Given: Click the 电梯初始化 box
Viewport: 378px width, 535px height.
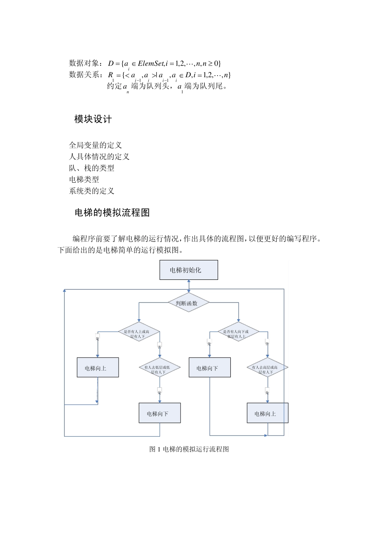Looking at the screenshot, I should click(x=189, y=270).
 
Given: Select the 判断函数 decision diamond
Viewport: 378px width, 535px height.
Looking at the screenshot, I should click(x=188, y=303).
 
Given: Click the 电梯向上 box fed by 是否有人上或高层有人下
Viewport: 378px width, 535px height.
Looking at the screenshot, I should click(x=97, y=367).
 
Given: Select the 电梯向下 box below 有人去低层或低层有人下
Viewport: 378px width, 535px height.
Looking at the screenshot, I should click(x=160, y=413).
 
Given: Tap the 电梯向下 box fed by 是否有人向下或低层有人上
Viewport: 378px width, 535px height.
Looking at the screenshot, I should click(x=209, y=367).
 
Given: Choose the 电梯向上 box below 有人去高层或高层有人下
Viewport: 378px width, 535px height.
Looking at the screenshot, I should click(x=267, y=413).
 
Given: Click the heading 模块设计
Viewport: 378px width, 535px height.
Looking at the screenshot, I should click(x=93, y=119).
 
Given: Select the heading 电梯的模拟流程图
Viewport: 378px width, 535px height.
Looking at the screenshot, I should click(x=112, y=213).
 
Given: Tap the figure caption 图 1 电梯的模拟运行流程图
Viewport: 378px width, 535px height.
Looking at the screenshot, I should click(x=189, y=449).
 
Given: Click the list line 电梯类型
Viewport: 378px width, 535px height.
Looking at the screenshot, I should click(x=84, y=180).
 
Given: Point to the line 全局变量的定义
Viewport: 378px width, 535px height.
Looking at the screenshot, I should click(x=95, y=145).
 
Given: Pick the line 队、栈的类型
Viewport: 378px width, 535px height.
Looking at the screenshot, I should click(x=92, y=168).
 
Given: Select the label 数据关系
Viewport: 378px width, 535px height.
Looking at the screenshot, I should click(x=85, y=75).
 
